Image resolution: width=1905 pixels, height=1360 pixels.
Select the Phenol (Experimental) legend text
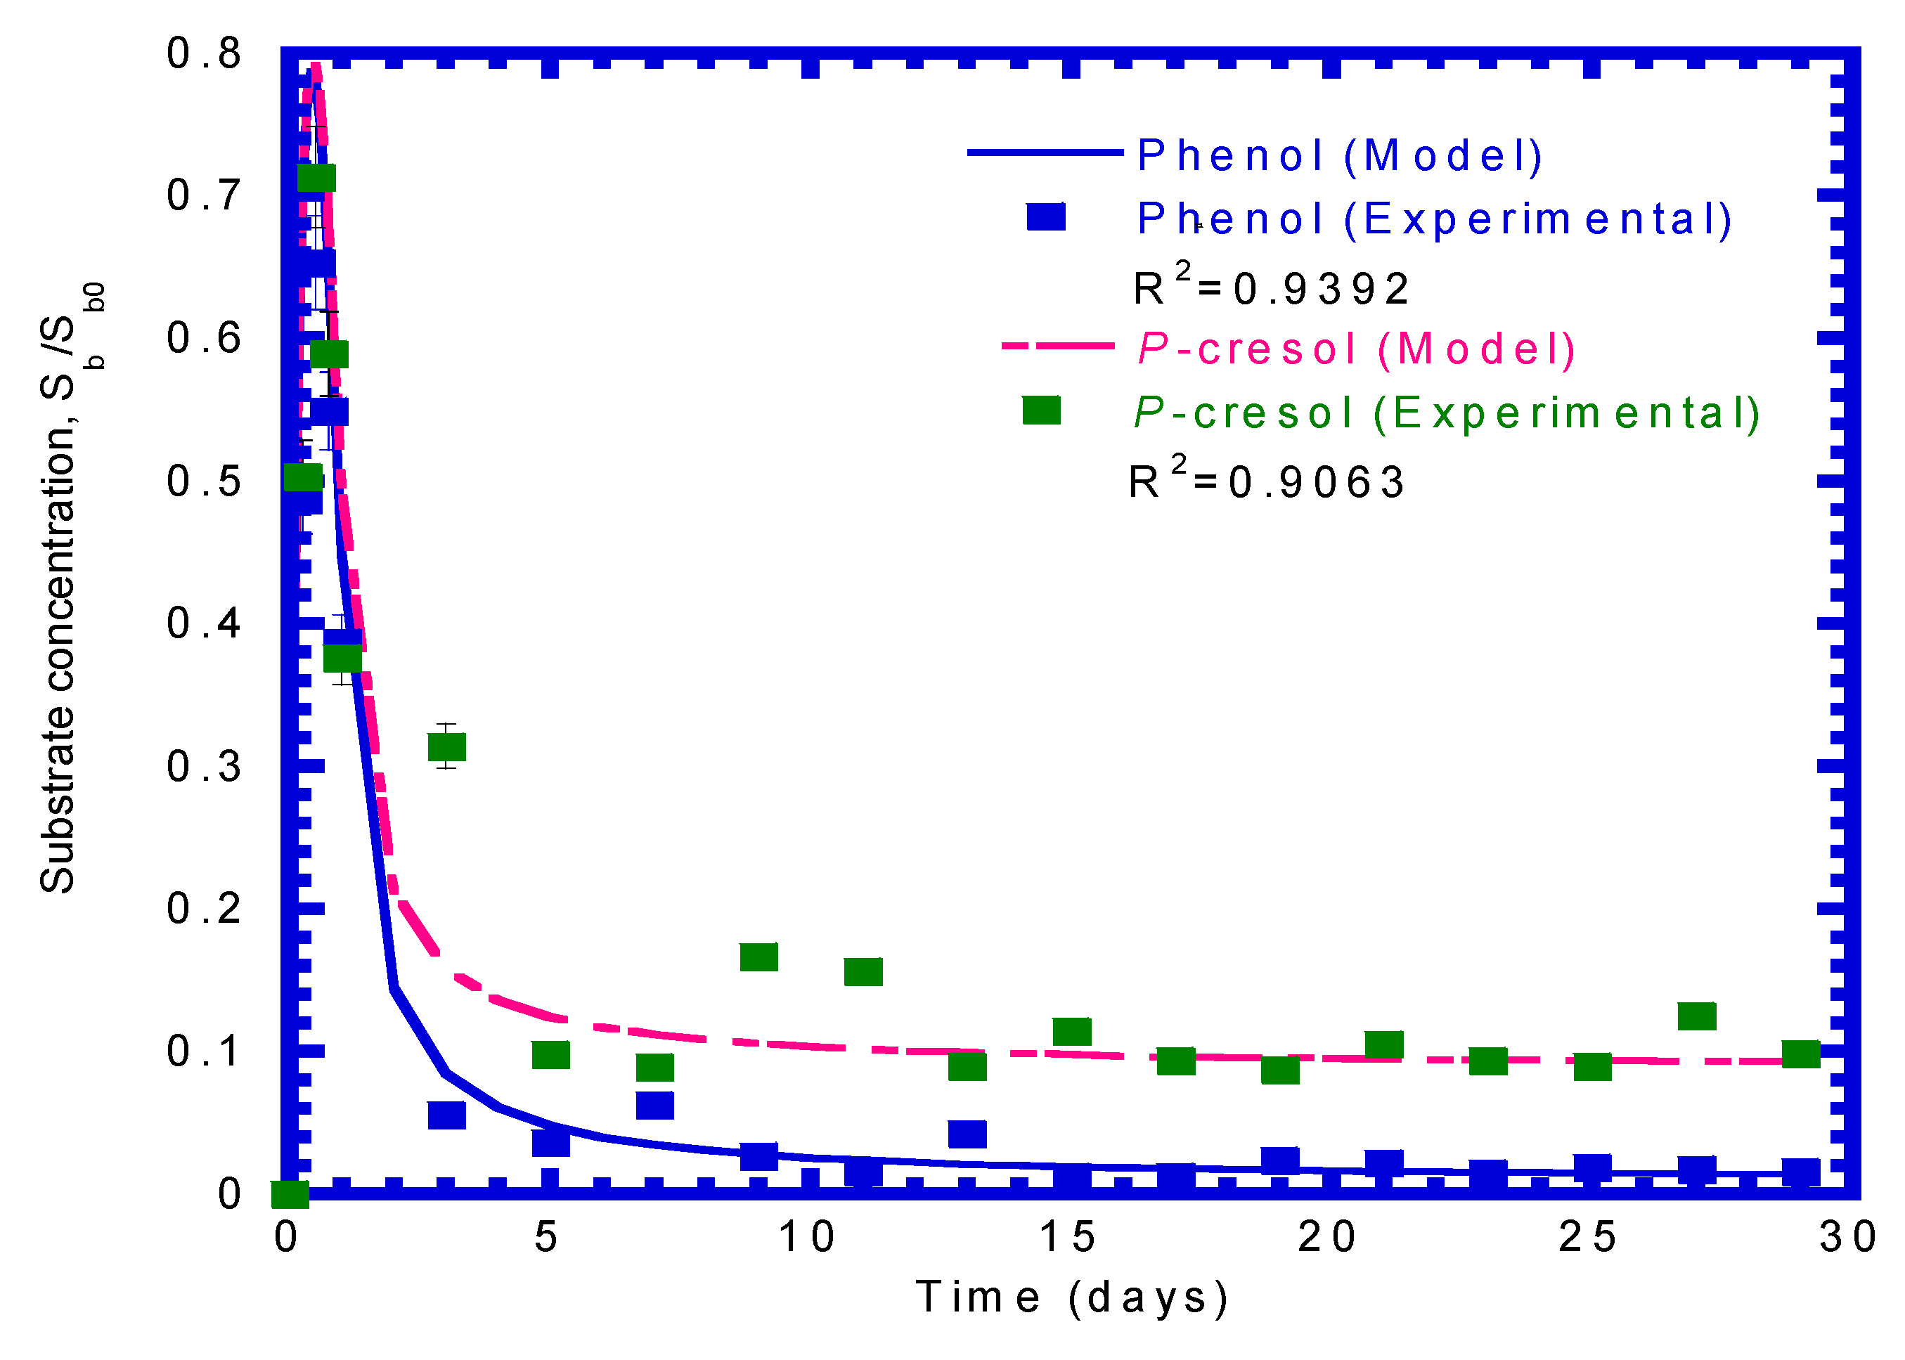[x=1433, y=219]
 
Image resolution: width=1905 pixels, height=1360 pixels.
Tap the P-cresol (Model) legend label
[x=1356, y=349]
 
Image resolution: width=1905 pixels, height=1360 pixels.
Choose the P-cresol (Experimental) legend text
[x=1446, y=413]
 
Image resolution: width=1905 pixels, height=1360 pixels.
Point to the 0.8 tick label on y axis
[x=203, y=53]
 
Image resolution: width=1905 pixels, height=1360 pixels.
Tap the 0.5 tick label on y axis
[x=203, y=481]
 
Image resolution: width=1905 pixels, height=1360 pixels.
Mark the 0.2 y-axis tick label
[x=203, y=909]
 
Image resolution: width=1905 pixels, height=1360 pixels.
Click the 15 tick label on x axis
[x=1067, y=1238]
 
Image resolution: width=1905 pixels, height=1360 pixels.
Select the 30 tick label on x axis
[x=1847, y=1238]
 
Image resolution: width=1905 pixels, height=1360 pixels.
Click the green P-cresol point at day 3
[x=446, y=746]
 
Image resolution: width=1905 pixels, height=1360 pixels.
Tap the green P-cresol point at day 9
[x=758, y=957]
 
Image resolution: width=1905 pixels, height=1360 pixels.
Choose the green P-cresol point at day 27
[x=1696, y=1016]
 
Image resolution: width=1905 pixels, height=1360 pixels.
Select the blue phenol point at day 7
[x=655, y=1106]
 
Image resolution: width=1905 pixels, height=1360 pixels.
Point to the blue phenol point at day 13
[x=967, y=1134]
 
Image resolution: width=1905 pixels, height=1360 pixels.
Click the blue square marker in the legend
[x=1046, y=218]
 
